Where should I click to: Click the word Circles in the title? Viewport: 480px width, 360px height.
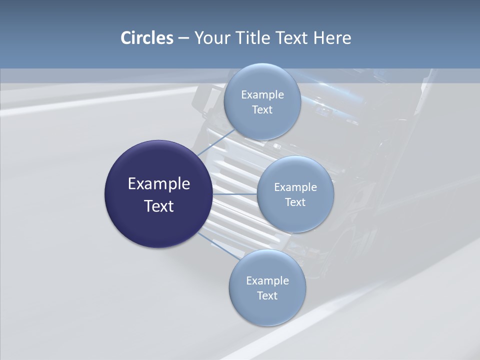click(147, 38)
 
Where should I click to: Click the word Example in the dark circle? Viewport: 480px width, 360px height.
click(158, 184)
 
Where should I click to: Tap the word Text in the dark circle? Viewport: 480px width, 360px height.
click(158, 206)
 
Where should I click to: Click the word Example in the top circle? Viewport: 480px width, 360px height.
click(262, 95)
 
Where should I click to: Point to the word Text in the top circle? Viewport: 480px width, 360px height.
click(262, 110)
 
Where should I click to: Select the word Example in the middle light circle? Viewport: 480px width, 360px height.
click(295, 187)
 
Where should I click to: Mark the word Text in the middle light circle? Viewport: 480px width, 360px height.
click(295, 202)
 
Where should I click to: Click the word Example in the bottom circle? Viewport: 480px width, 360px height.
click(267, 281)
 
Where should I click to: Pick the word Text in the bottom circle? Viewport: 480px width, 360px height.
click(267, 296)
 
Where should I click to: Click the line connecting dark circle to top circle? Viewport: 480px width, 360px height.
click(215, 142)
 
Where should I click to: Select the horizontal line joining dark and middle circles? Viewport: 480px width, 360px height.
click(235, 194)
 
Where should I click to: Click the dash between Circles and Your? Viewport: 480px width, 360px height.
click(183, 38)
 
